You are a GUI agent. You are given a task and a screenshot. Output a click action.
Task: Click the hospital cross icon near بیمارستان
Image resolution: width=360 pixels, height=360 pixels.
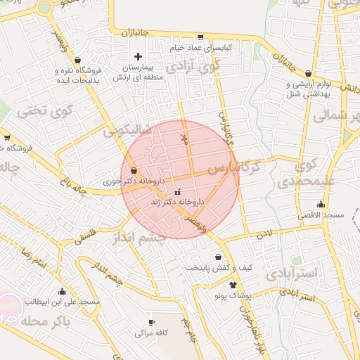point(138,56)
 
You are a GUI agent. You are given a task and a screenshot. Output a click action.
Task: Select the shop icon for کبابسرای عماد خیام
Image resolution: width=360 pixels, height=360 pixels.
point(200,37)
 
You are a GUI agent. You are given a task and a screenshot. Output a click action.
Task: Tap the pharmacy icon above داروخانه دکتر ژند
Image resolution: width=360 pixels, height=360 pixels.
point(176,191)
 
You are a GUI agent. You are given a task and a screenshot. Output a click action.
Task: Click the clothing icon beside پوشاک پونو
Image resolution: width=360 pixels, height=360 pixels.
point(233,284)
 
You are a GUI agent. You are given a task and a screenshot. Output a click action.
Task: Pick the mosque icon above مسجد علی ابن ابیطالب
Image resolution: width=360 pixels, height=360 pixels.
point(62,291)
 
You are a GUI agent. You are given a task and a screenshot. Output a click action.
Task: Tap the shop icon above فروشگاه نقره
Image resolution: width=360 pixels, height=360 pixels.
point(77,59)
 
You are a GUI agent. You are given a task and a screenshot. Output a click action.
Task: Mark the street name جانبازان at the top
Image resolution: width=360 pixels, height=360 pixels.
point(136,32)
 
